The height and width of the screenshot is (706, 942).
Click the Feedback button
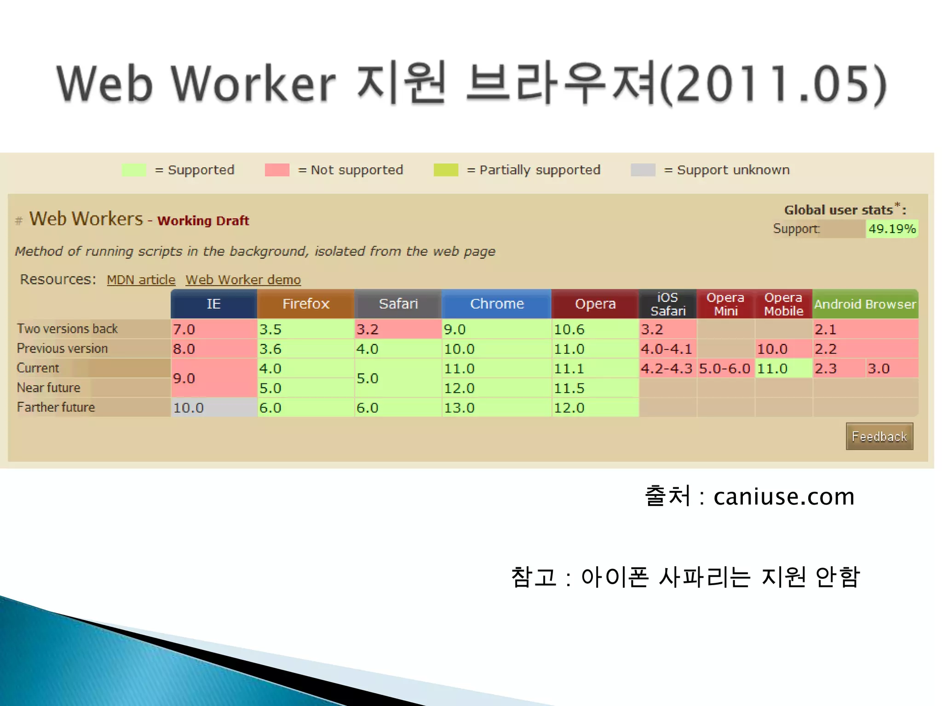point(879,436)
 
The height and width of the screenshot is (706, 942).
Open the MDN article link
point(141,279)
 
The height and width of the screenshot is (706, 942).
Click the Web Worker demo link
point(243,279)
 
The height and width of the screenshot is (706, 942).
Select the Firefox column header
point(306,304)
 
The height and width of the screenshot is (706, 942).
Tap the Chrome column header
point(497,304)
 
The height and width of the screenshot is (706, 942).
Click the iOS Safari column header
point(668,304)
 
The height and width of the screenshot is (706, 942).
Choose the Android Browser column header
point(865,304)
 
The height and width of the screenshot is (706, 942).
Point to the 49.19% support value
point(892,228)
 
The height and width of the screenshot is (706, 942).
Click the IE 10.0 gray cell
point(213,408)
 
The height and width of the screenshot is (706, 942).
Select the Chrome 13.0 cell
point(496,408)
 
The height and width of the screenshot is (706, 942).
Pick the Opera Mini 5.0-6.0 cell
point(725,368)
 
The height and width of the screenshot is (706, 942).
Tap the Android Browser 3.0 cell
point(891,368)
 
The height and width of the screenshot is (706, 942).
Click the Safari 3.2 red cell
point(397,329)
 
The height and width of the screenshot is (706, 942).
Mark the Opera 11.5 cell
point(595,388)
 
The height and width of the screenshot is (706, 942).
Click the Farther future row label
point(56,407)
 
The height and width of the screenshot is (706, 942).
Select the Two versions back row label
point(68,329)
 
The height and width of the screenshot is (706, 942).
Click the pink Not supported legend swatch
point(277,170)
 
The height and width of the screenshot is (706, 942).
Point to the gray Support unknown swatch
point(643,170)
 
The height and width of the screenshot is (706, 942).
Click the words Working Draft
point(203,221)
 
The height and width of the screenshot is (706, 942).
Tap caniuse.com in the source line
point(784,496)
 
